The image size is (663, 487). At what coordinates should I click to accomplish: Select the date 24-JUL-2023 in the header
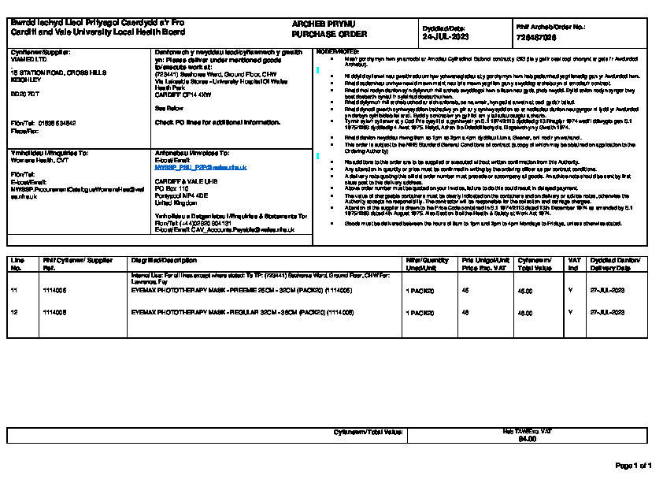click(x=446, y=36)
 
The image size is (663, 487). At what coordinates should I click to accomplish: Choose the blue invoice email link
click(x=201, y=167)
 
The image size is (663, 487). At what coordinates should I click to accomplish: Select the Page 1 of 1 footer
click(x=633, y=466)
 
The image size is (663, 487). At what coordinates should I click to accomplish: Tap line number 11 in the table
click(x=14, y=291)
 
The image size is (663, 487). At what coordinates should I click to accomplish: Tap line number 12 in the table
click(x=14, y=313)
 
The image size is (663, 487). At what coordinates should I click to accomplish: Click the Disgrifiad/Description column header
click(x=163, y=260)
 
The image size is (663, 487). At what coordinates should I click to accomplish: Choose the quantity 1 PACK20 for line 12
click(x=420, y=313)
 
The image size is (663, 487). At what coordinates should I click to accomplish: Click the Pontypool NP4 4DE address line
click(x=181, y=195)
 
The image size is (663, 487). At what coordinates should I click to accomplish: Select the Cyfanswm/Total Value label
click(x=369, y=432)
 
